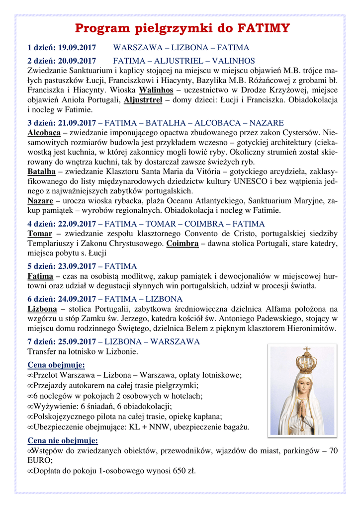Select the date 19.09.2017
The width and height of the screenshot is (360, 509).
coord(77,48)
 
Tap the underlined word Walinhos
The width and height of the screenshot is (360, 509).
coord(156,90)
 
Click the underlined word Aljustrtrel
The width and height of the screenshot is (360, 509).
coord(143,100)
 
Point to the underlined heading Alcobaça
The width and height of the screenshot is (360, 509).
coord(44,133)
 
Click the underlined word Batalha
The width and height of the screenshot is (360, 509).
coord(41,171)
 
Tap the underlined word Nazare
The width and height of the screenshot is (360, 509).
coord(40,201)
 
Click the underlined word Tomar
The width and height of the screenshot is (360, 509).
coord(40,234)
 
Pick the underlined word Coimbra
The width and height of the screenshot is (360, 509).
coord(182,244)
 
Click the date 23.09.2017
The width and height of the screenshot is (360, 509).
coord(77,266)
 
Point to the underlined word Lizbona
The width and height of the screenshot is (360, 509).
coord(42,309)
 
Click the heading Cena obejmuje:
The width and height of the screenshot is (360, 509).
coord(49,365)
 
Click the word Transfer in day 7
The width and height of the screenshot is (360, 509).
coord(43,351)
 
